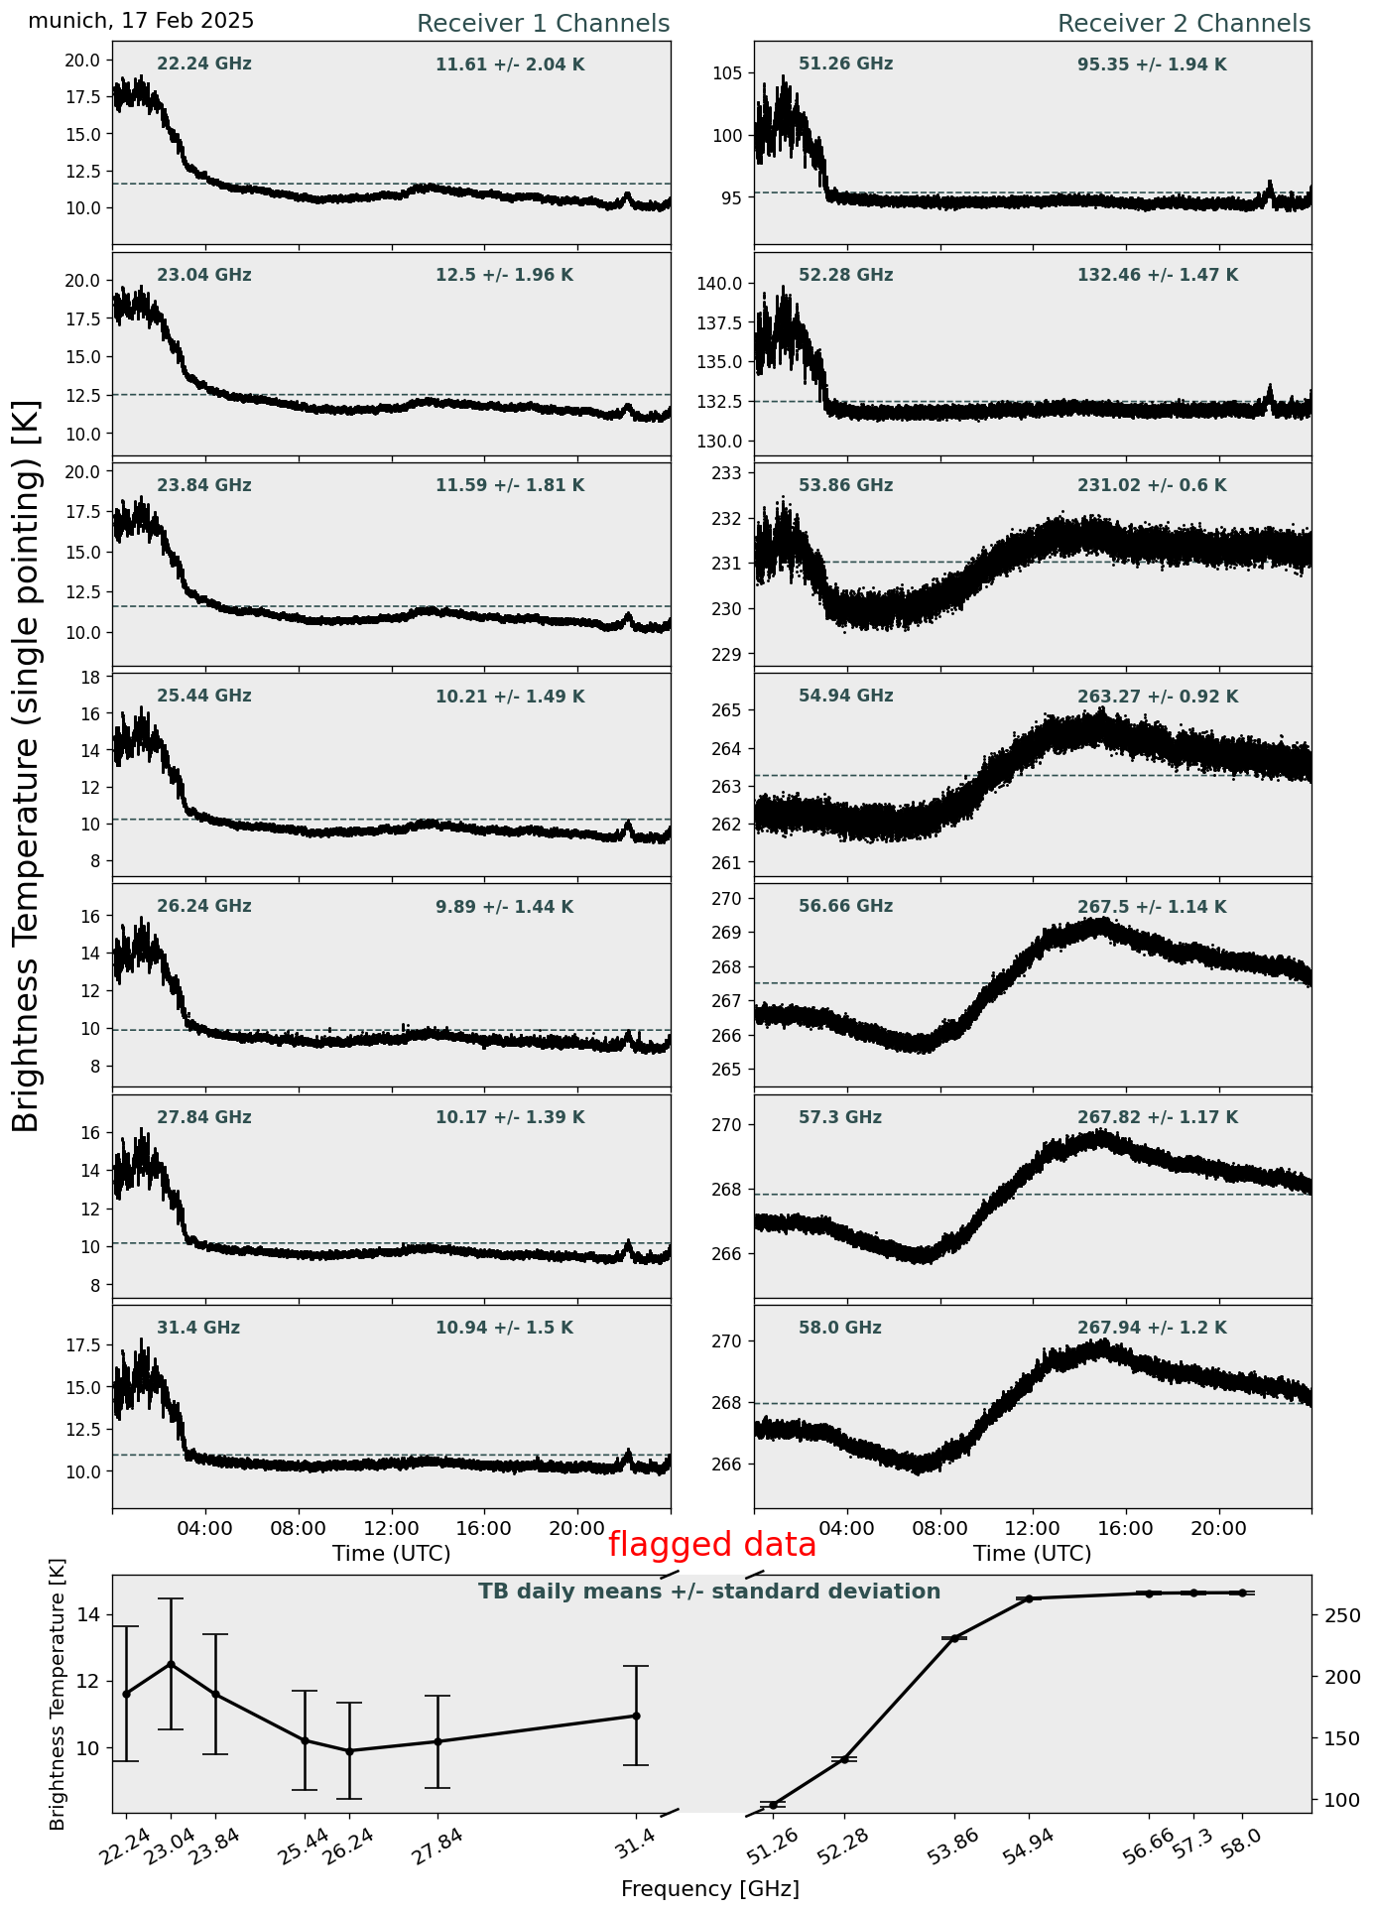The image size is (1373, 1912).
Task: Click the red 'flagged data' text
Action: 712,1545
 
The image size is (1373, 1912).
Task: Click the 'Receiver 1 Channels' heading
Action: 543,24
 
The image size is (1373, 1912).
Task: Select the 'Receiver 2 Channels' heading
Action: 1185,24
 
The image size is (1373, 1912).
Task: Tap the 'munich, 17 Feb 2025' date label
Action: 141,21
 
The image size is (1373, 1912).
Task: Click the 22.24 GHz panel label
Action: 204,64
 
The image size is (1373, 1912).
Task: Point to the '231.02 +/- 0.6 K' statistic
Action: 1152,486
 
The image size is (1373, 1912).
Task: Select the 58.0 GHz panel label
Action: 840,1328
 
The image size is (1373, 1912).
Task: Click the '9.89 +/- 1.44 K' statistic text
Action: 504,907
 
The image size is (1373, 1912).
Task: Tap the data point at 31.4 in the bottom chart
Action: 636,1716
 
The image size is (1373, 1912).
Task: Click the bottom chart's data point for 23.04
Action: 171,1664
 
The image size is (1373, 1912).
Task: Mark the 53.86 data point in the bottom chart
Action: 954,1638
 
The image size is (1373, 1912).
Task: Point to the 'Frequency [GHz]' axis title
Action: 710,1888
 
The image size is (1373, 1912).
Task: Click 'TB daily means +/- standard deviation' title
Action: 709,1592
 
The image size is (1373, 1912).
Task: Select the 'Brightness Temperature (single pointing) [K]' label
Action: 27,766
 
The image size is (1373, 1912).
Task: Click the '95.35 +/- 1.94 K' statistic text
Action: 1152,65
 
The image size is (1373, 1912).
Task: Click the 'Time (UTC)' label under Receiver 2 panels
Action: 1033,1553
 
